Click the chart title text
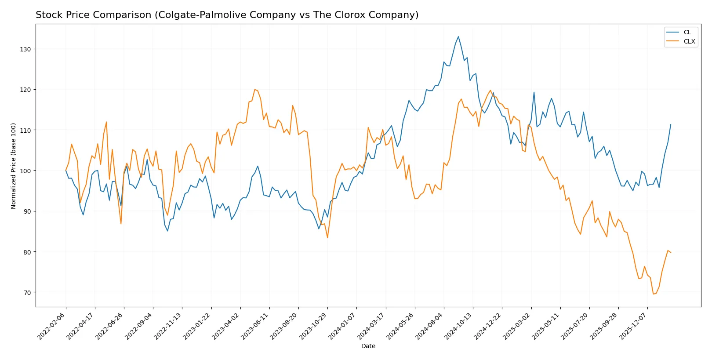pos(227,15)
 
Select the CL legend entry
pos(687,32)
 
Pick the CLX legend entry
pos(689,41)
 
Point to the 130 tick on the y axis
pos(25,49)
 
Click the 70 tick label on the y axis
pos(27,293)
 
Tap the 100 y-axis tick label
pos(25,171)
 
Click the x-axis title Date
pos(368,346)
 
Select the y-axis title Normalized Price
pos(13,166)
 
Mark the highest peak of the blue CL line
pos(458,36)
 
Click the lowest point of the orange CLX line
pos(653,294)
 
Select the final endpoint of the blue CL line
pos(671,124)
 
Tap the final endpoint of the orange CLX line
pos(671,253)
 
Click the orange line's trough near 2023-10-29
pos(327,238)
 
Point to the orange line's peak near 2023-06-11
pos(254,89)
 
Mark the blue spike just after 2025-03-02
pos(534,92)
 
